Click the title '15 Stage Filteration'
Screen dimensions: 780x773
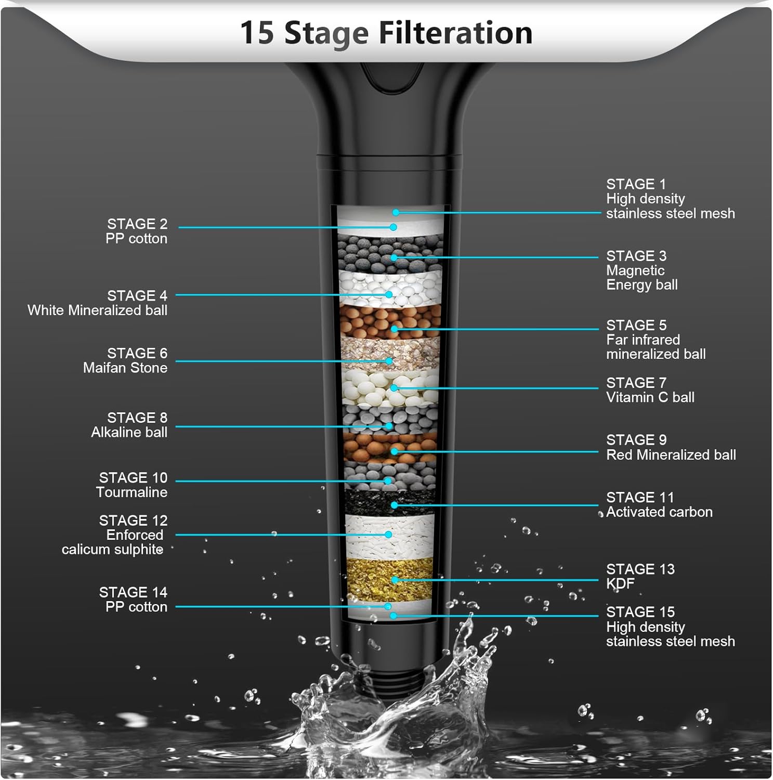386,33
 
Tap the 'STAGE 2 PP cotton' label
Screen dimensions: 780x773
137,231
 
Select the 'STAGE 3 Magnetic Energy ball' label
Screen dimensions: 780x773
641,270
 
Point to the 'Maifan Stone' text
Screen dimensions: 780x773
125,368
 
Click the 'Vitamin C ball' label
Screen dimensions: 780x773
650,397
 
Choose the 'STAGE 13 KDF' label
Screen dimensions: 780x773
640,576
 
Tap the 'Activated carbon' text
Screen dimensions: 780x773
659,512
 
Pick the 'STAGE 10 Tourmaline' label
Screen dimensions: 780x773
133,485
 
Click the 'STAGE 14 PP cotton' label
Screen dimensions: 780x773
134,600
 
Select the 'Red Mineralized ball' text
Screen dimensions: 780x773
671,454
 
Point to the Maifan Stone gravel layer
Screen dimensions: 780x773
390,354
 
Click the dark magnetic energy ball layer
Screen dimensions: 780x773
390,252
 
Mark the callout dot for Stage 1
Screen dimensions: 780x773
396,213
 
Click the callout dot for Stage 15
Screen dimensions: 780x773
394,616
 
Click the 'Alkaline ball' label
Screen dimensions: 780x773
129,432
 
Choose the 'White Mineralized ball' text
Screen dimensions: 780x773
97,310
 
